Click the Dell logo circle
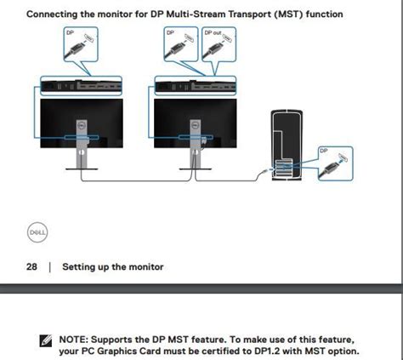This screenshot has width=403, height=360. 37,232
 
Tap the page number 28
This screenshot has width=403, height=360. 31,267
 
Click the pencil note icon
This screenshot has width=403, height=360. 46,340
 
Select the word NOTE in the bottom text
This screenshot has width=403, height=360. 71,340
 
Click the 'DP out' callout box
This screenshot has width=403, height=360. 219,44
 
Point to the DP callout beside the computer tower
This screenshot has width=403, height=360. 336,163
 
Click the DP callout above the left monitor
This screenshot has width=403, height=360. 81,44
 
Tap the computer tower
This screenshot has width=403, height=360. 287,145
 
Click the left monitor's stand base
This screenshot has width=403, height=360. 82,169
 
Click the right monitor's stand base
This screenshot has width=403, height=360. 196,169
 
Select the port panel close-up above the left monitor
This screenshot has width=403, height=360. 81,86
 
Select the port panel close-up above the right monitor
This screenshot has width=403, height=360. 196,86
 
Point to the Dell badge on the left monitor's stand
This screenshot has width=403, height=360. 82,125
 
